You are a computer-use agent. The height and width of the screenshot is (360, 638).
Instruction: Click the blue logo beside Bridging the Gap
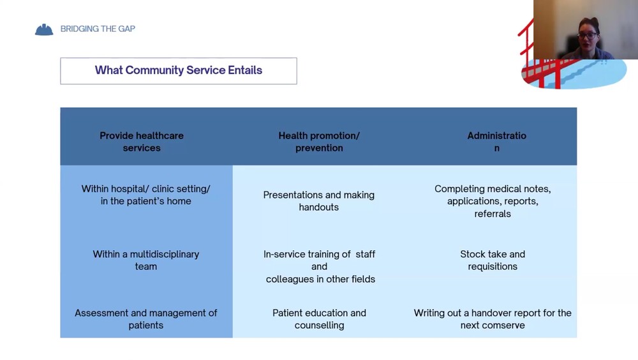(44, 29)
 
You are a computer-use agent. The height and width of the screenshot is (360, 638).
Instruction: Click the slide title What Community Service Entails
(179, 70)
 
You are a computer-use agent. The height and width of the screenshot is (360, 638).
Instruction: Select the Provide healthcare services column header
(142, 142)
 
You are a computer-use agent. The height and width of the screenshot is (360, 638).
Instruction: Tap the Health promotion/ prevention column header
(319, 142)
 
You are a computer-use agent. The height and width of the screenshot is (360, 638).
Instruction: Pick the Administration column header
(496, 142)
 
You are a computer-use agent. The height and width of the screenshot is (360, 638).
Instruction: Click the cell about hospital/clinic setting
(145, 195)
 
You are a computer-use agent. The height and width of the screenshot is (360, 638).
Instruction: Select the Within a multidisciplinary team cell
(145, 260)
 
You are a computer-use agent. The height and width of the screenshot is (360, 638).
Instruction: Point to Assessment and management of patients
(145, 319)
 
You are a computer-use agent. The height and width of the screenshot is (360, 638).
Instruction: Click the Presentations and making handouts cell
(319, 200)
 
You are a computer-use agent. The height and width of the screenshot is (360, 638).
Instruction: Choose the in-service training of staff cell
(320, 266)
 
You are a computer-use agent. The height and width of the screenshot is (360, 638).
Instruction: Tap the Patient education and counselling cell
(319, 319)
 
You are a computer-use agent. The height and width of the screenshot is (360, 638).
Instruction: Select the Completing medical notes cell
(493, 201)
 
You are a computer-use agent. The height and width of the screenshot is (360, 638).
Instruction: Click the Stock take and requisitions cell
(493, 260)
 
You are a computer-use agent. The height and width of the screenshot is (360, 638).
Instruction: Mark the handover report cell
(493, 319)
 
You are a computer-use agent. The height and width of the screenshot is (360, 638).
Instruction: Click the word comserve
(503, 325)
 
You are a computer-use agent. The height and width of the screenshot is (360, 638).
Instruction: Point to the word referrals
(493, 214)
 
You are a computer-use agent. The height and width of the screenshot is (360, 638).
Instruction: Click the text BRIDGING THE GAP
(98, 29)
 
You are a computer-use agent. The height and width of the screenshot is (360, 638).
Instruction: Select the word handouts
(319, 207)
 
